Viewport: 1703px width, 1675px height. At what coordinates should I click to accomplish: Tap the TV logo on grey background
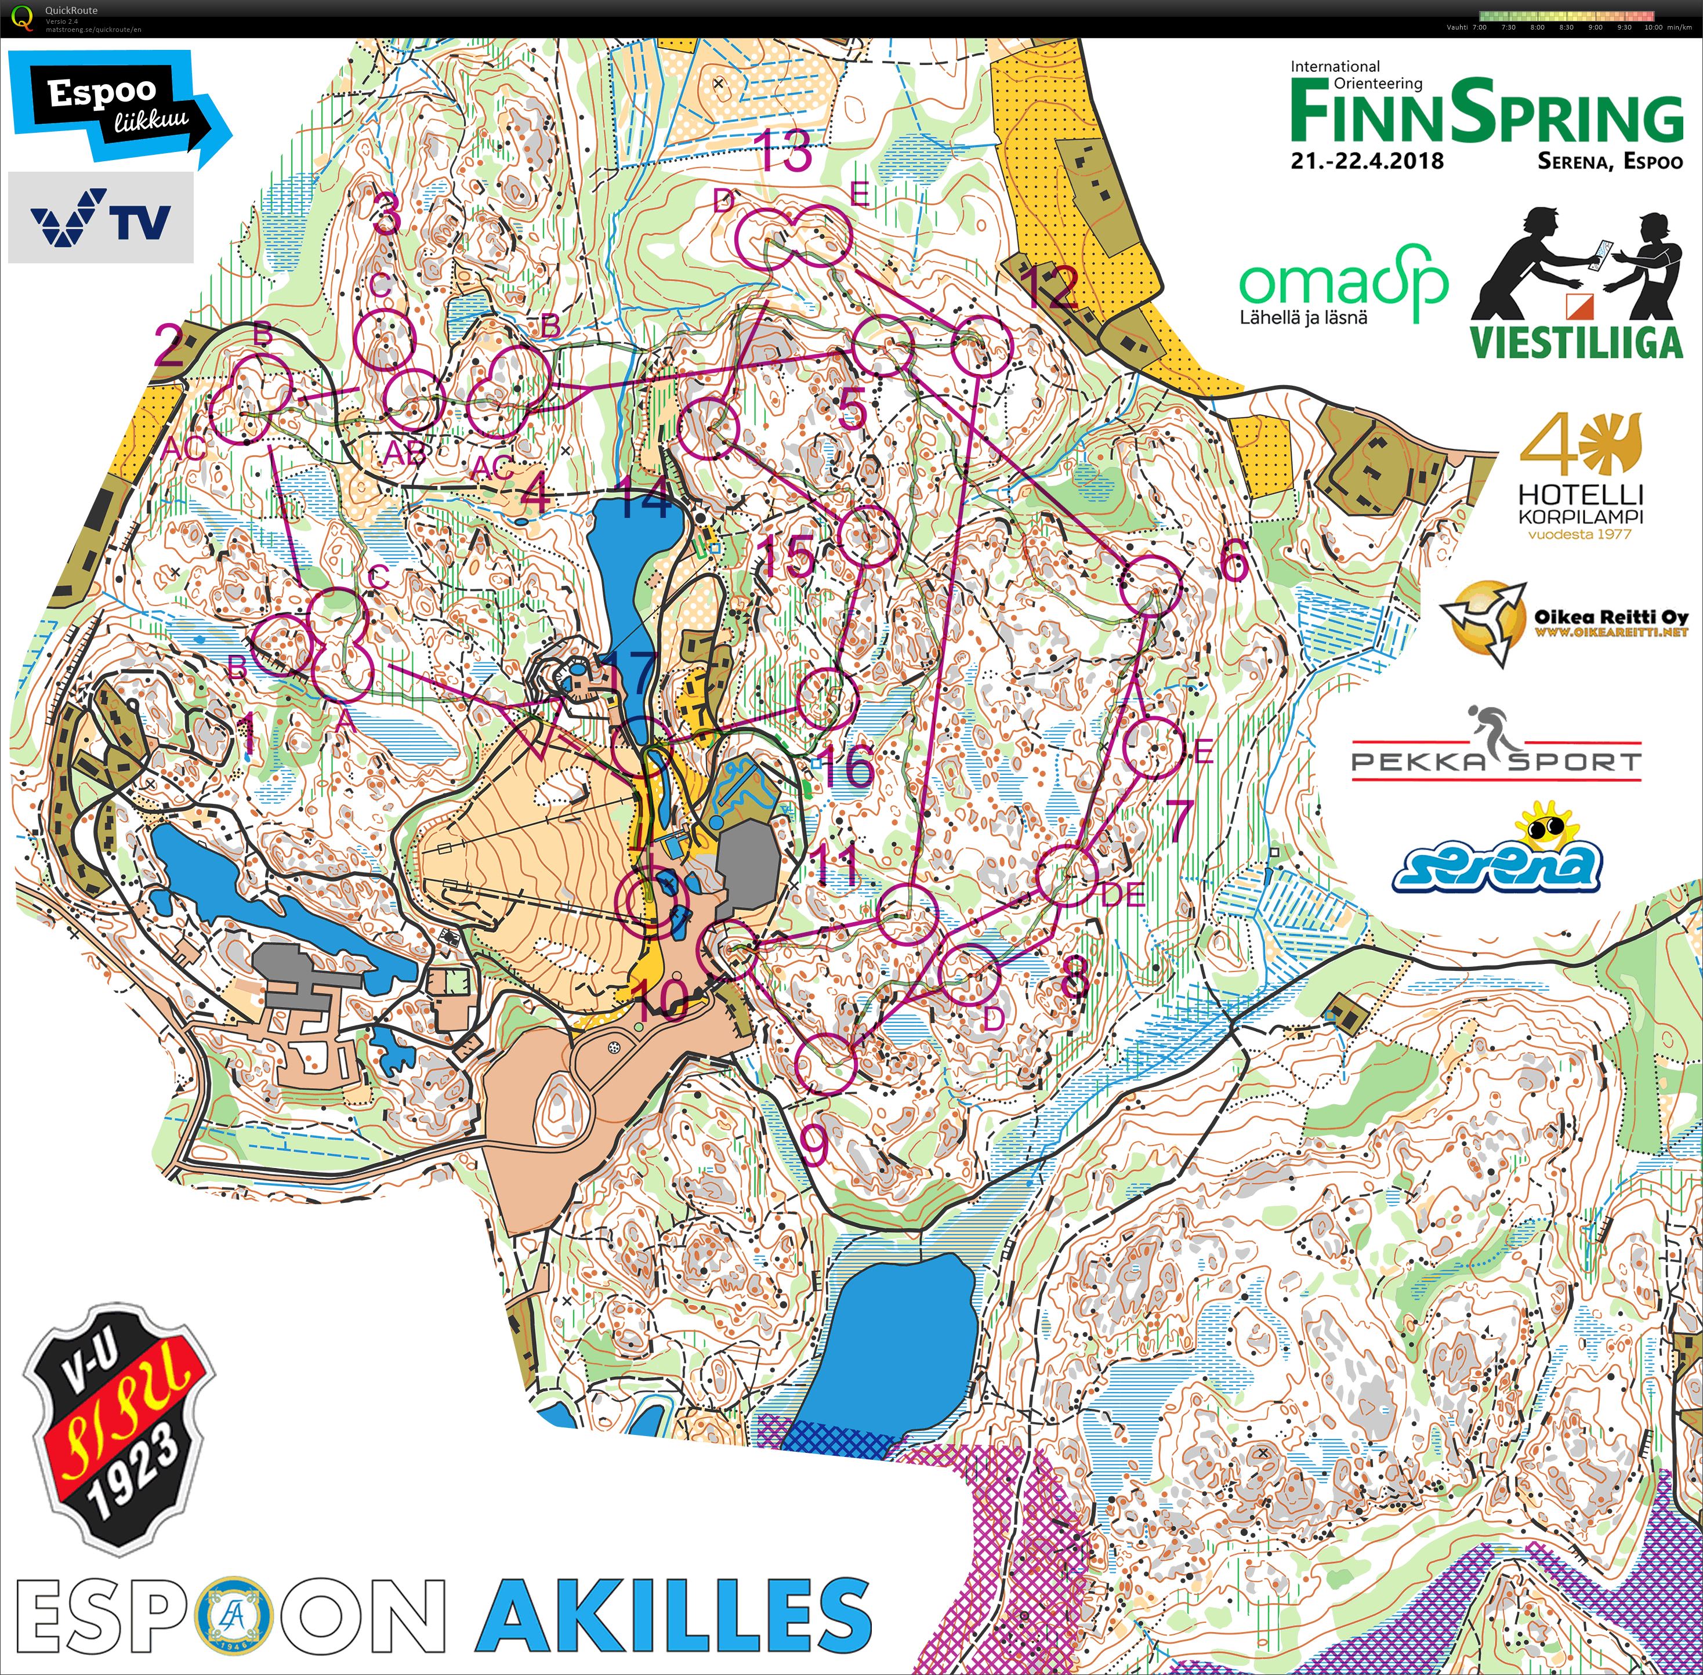click(100, 217)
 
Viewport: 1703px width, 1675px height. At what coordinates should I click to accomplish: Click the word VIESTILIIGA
click(1577, 342)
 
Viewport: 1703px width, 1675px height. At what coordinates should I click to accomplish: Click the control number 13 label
click(785, 152)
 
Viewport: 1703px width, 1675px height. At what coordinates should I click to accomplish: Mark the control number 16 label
click(846, 766)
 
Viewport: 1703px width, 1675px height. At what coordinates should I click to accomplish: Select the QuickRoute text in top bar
click(71, 10)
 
